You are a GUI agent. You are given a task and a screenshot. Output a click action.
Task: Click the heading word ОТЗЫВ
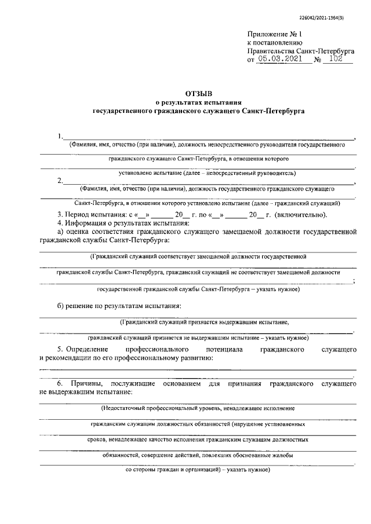[199, 93]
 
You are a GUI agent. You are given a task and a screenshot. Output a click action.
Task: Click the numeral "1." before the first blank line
[61, 137]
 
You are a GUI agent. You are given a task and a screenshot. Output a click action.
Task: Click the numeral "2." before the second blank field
[61, 181]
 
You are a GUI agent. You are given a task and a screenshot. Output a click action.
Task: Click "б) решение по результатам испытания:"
[119, 305]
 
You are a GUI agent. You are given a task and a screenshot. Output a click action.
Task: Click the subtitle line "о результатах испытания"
[199, 102]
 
